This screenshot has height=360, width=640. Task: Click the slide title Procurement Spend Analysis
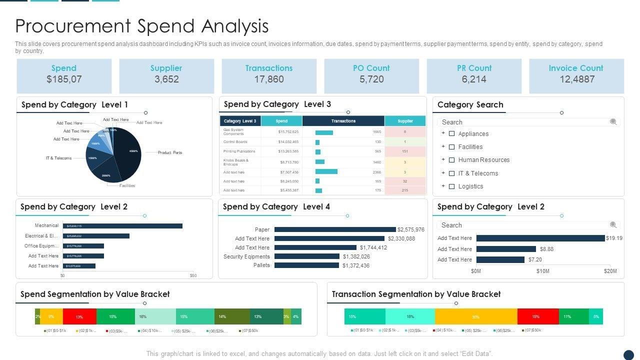pyautogui.click(x=142, y=26)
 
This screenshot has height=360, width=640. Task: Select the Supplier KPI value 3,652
pyautogui.click(x=166, y=79)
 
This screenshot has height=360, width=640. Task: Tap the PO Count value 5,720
pyautogui.click(x=371, y=79)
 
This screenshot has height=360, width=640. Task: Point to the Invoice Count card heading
pyautogui.click(x=576, y=68)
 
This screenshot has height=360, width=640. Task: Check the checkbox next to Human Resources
pyautogui.click(x=451, y=160)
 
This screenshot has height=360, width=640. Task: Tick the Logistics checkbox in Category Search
pyautogui.click(x=451, y=186)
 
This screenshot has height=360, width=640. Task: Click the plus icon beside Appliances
pyautogui.click(x=443, y=133)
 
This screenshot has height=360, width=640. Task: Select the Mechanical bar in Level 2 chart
pyautogui.click(x=122, y=226)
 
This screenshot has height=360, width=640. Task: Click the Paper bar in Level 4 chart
pyautogui.click(x=335, y=229)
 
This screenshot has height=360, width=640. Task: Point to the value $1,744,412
pyautogui.click(x=373, y=247)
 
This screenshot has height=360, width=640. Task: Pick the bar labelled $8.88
pyautogui.click(x=506, y=249)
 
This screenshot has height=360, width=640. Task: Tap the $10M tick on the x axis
pyautogui.click(x=543, y=271)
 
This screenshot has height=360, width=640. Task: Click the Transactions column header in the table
pyautogui.click(x=343, y=121)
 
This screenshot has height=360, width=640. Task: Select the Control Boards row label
pyautogui.click(x=235, y=142)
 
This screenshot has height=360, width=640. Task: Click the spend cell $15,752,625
pyautogui.click(x=288, y=132)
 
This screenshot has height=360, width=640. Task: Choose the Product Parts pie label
pyautogui.click(x=170, y=152)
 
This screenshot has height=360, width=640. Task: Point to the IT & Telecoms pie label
pyautogui.click(x=59, y=158)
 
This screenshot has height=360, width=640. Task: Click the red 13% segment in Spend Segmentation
pyautogui.click(x=79, y=316)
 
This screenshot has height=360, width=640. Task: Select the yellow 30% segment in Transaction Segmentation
pyautogui.click(x=476, y=316)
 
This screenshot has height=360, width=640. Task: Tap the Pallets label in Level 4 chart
pyautogui.click(x=261, y=265)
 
